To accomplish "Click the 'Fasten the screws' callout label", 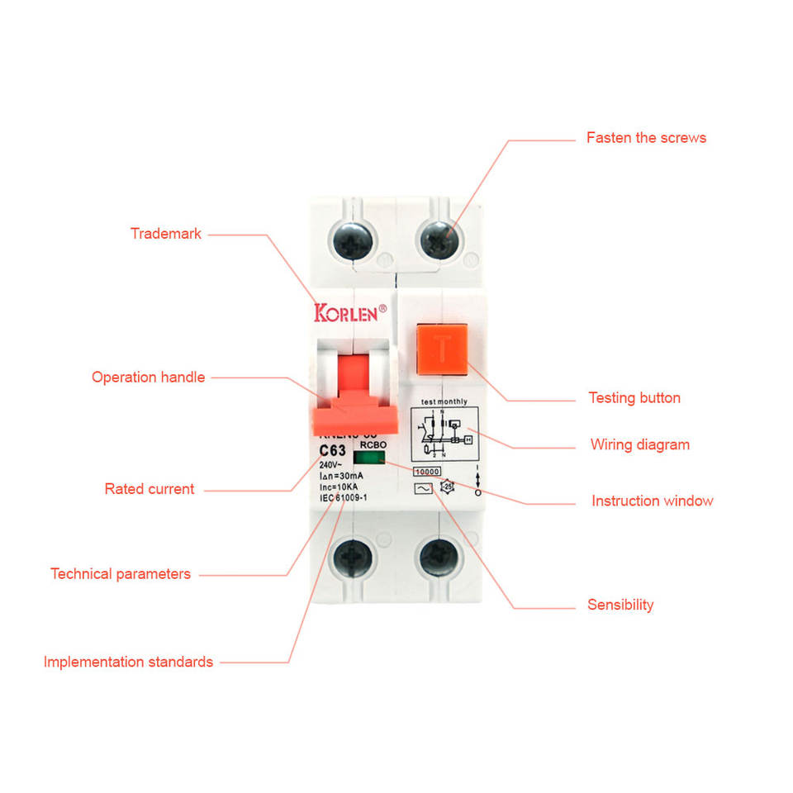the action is (x=646, y=138).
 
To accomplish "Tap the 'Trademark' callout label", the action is (x=166, y=234).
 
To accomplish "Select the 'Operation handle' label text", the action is (x=148, y=378).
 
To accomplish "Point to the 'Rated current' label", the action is (x=150, y=489).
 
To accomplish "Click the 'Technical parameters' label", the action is (x=121, y=574).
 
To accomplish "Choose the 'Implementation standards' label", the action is (x=128, y=662).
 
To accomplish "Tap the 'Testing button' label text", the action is (x=634, y=398).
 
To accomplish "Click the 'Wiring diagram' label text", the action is (x=639, y=445).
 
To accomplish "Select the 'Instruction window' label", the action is (x=652, y=501).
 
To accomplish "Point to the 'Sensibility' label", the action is (x=620, y=605).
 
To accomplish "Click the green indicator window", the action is (x=367, y=456).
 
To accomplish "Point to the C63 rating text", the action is (x=333, y=450).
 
